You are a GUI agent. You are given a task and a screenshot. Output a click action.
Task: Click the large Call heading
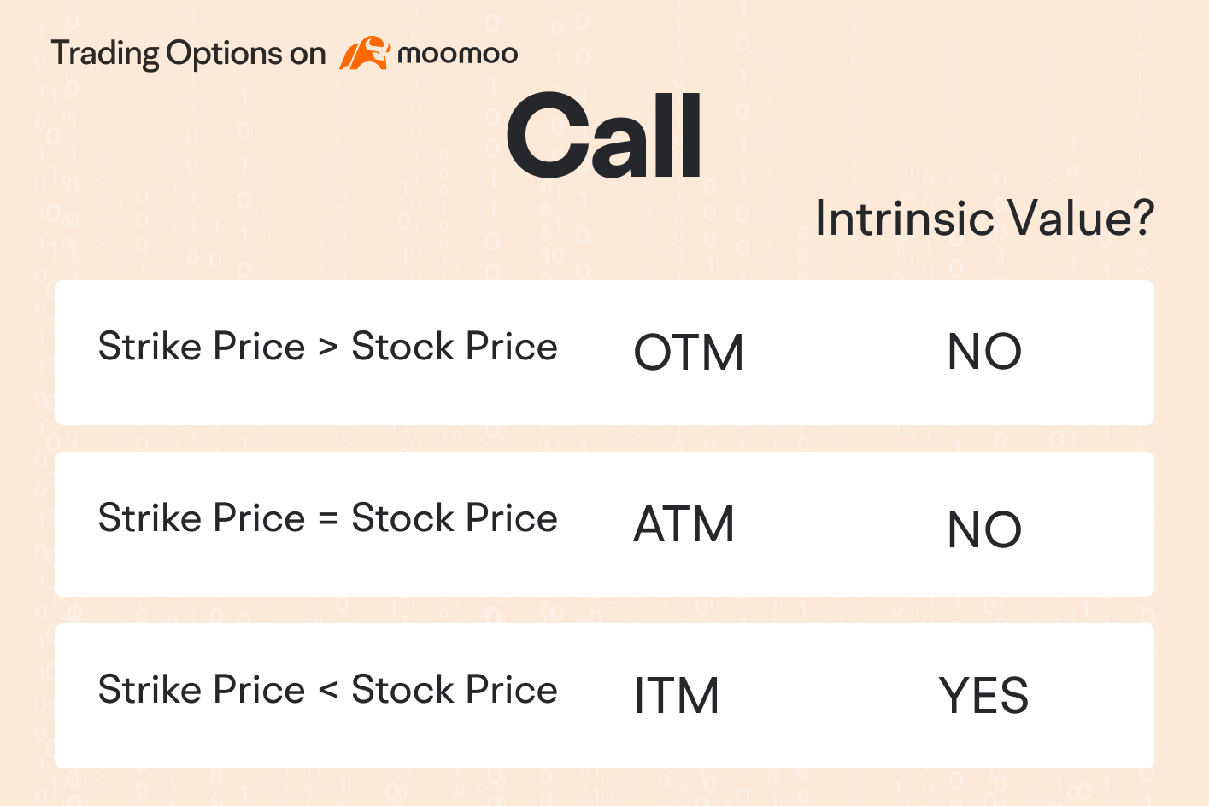tap(603, 136)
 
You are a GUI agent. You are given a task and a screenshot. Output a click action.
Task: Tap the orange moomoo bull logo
tap(365, 53)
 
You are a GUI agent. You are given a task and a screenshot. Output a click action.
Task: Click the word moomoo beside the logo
tap(458, 54)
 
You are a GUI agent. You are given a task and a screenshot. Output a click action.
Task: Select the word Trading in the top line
tap(105, 54)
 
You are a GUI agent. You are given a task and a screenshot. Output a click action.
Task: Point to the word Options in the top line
tap(223, 54)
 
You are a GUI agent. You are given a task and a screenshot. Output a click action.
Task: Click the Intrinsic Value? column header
tap(984, 219)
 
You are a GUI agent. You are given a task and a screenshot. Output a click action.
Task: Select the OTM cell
tap(689, 352)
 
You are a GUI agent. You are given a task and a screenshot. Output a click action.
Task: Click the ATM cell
tap(684, 523)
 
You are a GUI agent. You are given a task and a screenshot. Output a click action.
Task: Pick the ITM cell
tap(677, 695)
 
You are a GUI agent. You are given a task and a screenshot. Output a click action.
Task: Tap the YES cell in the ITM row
tap(983, 695)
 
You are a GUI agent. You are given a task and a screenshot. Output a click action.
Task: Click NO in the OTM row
tap(984, 351)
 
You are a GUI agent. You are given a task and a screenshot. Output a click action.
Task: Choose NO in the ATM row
tap(984, 529)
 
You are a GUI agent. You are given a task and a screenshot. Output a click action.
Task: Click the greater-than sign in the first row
tap(328, 347)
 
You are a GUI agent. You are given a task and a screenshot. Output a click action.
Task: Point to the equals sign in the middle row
tap(328, 519)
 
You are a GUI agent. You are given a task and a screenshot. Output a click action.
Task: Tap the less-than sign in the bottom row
tap(328, 691)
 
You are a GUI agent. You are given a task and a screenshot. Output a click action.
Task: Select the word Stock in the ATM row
tap(402, 517)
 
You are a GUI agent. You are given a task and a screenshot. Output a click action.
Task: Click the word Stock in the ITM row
tap(402, 689)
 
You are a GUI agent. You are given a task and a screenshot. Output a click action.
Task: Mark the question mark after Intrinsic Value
tap(1142, 218)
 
